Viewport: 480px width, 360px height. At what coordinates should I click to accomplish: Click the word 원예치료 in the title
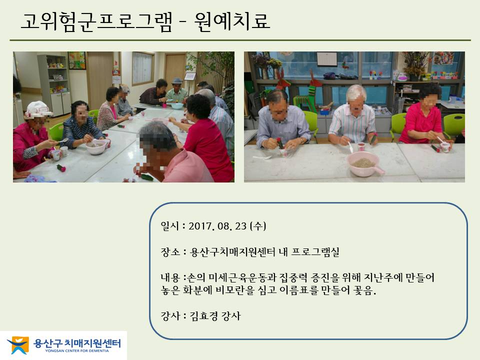point(232,21)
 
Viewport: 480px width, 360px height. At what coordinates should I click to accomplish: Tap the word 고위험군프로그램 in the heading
point(96,21)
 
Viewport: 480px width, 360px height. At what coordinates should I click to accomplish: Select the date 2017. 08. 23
point(217,226)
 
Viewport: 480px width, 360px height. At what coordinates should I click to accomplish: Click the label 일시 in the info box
point(169,226)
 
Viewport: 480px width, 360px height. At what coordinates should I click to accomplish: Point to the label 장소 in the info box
point(170,252)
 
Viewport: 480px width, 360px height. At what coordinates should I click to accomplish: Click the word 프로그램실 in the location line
point(315,252)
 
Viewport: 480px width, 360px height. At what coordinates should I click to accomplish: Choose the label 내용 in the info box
point(170,277)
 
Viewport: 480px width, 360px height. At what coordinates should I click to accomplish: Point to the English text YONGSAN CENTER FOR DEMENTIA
point(77,351)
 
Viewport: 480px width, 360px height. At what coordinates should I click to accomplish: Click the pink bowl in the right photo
point(364,164)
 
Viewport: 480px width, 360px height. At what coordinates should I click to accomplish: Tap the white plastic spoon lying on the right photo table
point(262,157)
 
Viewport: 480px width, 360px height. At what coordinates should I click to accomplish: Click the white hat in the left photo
point(37,109)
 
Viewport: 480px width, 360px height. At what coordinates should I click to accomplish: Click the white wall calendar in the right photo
point(327,59)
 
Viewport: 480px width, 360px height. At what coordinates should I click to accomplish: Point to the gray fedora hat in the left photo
point(176,81)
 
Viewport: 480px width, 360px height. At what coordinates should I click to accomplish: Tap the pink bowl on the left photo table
point(96,147)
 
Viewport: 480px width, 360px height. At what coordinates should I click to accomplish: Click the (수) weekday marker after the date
point(258,226)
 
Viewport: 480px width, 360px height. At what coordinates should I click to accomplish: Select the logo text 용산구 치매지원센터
point(77,343)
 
